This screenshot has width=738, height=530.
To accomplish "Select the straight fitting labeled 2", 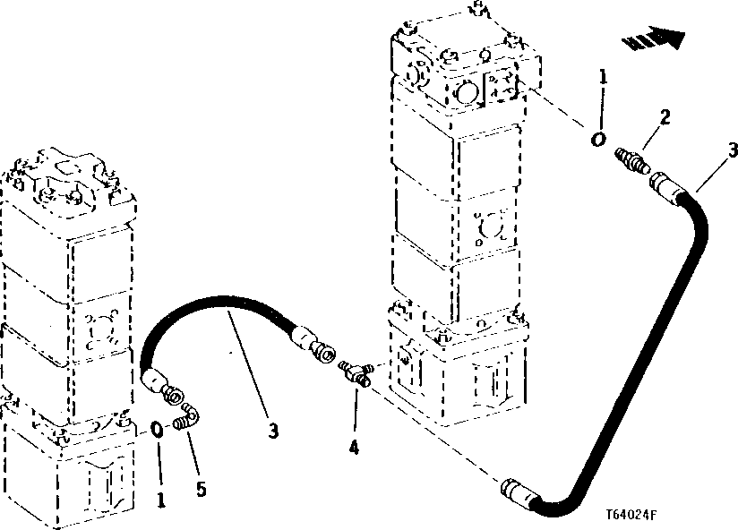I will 631,161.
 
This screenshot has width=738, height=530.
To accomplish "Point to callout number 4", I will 355,447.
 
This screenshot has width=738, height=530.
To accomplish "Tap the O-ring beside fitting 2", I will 597,140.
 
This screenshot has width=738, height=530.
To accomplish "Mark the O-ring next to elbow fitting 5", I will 157,428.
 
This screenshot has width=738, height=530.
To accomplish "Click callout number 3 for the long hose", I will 732,149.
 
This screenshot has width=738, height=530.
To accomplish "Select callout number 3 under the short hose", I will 274,432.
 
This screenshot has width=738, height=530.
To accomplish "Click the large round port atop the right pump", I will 464,92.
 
